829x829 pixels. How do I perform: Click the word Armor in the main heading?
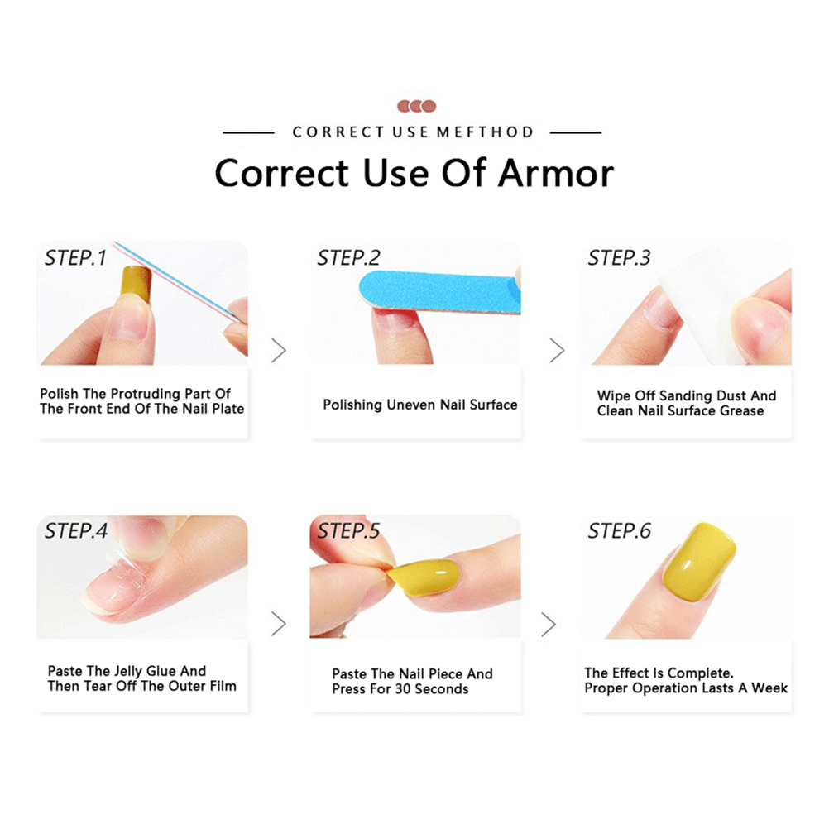556,174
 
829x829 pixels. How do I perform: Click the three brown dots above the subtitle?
417,106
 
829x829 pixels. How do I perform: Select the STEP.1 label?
75,258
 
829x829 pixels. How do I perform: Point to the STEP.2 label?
348,258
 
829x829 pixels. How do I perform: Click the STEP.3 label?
619,258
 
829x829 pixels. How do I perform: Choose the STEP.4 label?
76,531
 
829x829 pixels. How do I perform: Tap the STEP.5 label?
348,531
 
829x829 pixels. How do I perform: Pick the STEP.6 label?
619,531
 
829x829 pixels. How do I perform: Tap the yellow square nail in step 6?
699,562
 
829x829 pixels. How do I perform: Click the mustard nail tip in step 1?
136,284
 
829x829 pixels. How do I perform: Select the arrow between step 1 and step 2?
279,350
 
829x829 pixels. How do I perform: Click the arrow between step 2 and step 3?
557,350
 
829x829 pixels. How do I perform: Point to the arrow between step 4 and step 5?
279,624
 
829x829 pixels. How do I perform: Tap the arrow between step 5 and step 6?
549,624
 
